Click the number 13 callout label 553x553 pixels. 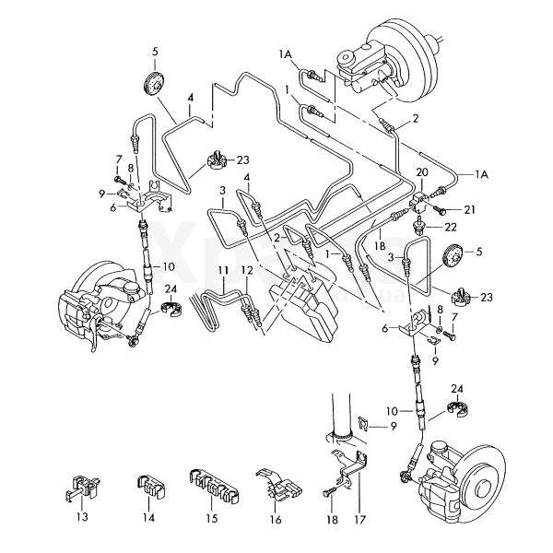pos(81,519)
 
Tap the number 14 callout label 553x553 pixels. pos(148,519)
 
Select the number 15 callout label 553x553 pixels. pos(213,519)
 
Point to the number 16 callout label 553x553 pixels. pos(276,519)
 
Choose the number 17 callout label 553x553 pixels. pos(359,519)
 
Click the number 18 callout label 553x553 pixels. pos(330,519)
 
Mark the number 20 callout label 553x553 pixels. pos(423,172)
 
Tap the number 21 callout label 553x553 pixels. pos(469,210)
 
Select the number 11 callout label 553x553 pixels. pos(222,269)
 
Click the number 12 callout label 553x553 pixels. pos(246,269)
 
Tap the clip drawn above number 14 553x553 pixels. pos(148,484)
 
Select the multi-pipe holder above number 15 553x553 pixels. pos(213,483)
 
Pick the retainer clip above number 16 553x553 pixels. pos(278,485)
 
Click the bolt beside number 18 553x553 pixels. pos(330,492)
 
